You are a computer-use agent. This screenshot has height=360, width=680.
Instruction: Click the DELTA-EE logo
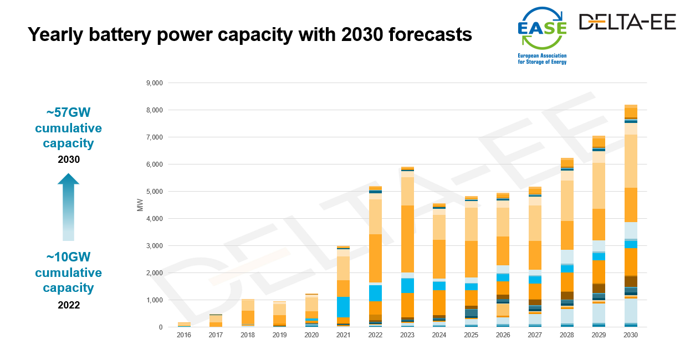coord(627,22)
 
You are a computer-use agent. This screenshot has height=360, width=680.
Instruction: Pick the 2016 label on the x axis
coord(184,336)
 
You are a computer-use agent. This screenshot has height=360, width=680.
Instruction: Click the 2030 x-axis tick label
coord(631,336)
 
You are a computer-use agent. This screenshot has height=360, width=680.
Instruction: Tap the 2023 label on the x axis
coord(407,336)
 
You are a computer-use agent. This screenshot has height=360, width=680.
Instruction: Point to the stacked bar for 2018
coord(248,313)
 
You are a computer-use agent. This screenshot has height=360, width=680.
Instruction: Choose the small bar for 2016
coord(184,325)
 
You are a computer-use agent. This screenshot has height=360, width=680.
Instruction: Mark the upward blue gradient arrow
coord(68,206)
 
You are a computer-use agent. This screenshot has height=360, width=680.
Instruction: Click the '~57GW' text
coord(68,113)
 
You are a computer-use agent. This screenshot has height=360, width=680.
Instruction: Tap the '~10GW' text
coord(68,257)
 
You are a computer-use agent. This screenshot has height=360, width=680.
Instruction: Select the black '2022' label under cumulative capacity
coord(69,305)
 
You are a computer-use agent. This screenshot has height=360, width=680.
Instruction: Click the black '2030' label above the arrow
coord(69,160)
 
